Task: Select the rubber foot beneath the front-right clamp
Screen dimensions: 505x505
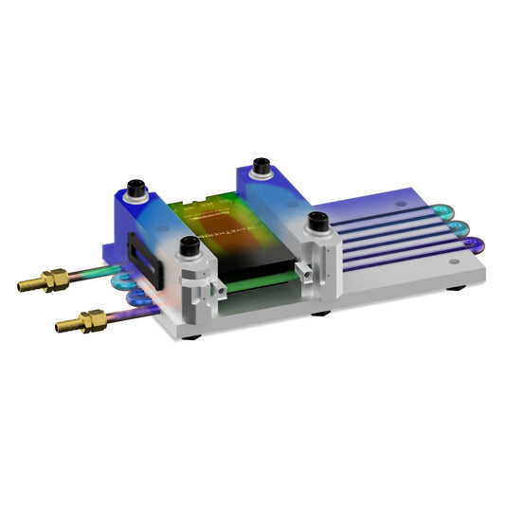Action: coord(321,312)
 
